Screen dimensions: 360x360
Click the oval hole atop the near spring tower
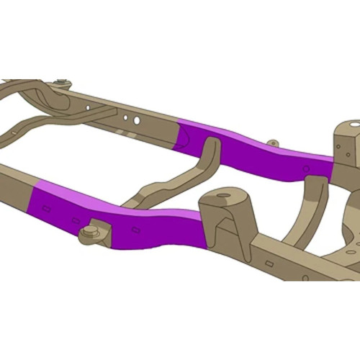pos(223,194)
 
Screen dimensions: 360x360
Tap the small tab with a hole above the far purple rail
pos(272,143)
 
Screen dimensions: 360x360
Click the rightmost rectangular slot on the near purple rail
pos(135,230)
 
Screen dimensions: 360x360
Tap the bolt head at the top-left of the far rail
pos(63,83)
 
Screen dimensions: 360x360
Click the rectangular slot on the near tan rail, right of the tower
pos(268,264)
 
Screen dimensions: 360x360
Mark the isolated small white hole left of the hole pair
pos(88,107)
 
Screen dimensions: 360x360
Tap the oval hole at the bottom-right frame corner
pos(350,252)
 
